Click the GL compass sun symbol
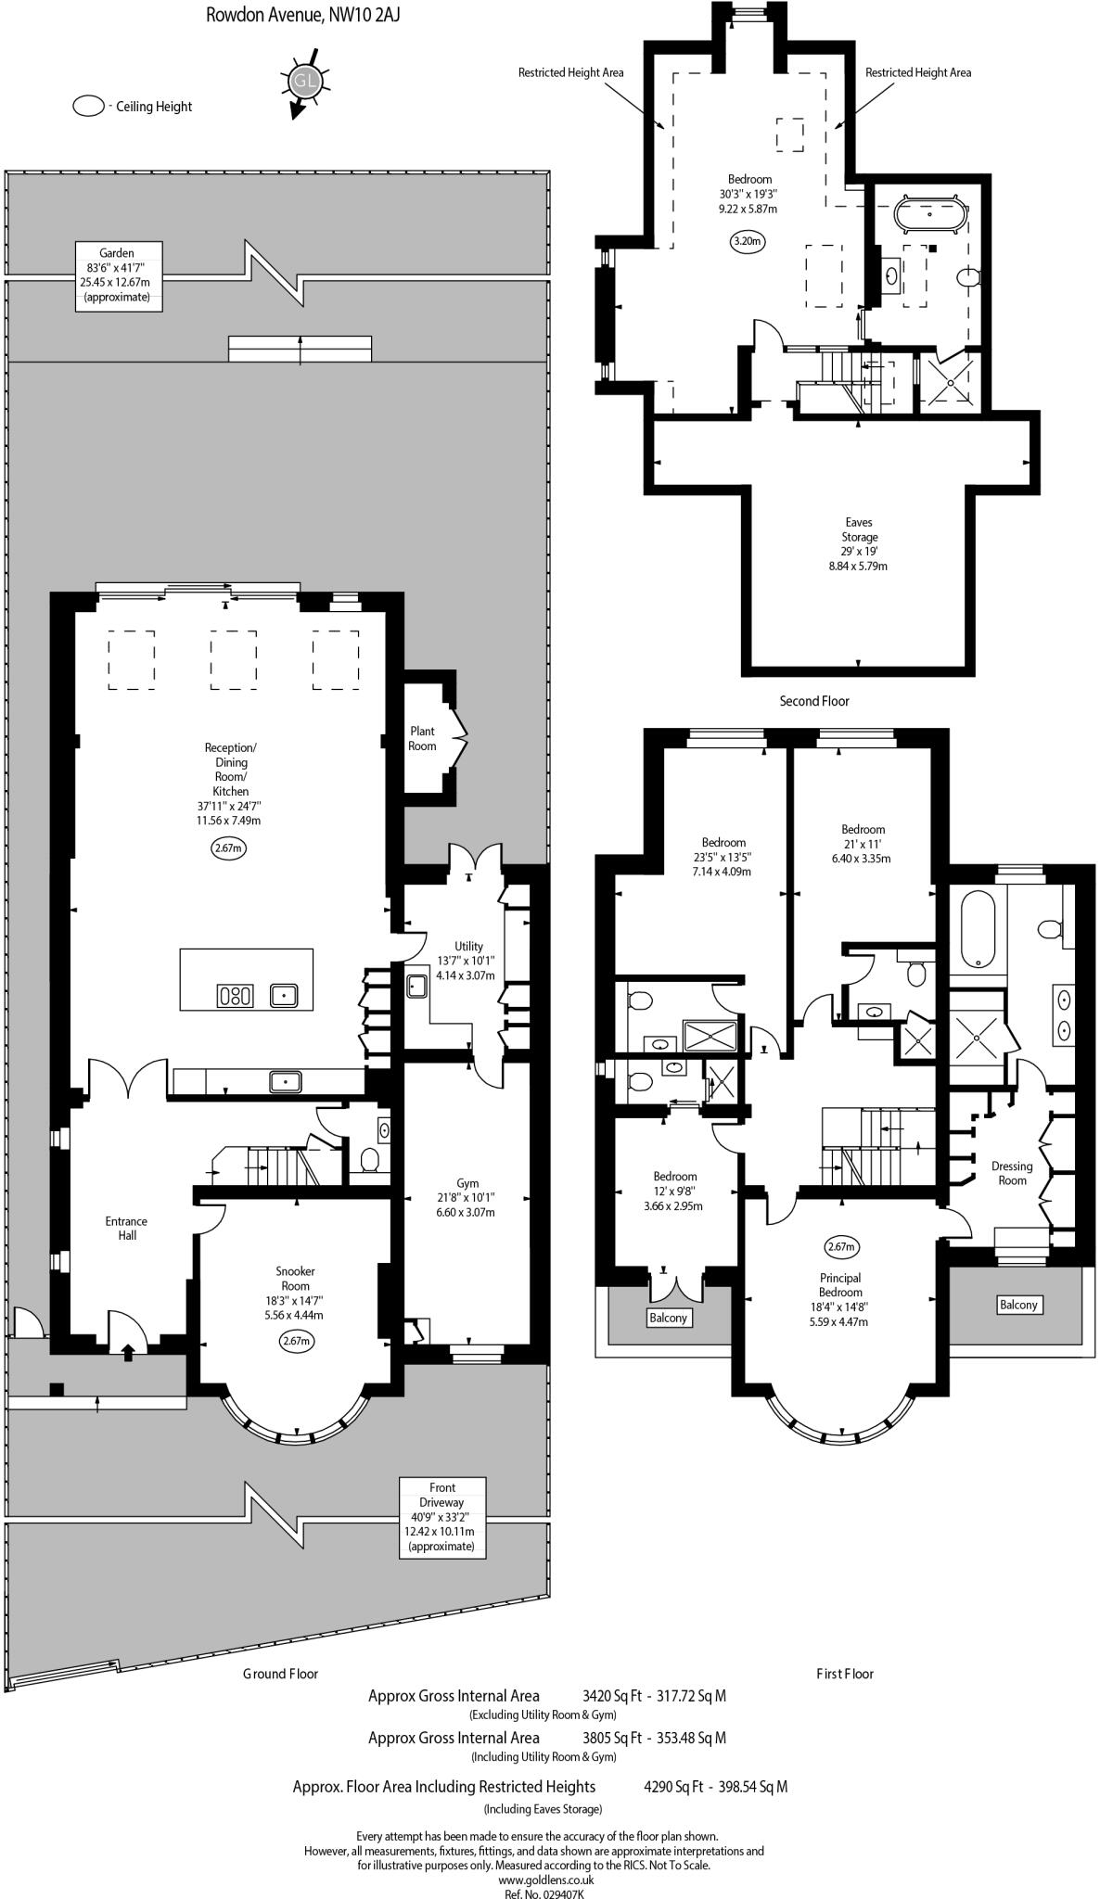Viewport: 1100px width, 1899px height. [303, 82]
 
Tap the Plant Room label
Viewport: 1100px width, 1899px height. [422, 739]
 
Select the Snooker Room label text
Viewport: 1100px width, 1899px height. [295, 1279]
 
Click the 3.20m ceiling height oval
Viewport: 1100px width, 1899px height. [747, 242]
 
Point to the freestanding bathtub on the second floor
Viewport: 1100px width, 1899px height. [928, 214]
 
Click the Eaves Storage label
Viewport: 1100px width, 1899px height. [859, 529]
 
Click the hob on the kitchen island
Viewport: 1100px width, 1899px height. [235, 996]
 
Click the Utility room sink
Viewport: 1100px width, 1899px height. [416, 985]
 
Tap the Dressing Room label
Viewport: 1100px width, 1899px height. [1012, 1173]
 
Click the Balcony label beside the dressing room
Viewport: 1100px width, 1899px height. [1017, 1305]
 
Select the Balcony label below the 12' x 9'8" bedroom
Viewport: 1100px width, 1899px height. [668, 1318]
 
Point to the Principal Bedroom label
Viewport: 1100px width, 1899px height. [840, 1285]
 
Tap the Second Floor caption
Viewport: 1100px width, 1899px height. [813, 701]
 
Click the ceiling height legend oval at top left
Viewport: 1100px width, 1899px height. [89, 107]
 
